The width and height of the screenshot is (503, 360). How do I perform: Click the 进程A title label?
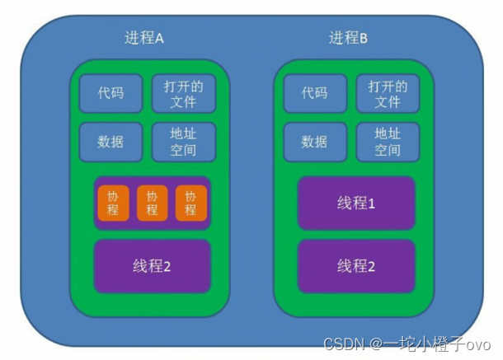click(144, 38)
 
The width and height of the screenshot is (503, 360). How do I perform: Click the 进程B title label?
click(348, 38)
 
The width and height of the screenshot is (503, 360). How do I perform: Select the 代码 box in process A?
click(111, 93)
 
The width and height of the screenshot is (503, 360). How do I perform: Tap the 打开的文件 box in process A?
click(183, 93)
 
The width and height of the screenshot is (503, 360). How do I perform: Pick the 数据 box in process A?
click(111, 142)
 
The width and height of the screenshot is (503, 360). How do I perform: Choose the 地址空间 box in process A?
click(183, 142)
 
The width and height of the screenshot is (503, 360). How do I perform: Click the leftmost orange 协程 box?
click(113, 203)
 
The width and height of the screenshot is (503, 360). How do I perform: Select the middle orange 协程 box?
click(152, 203)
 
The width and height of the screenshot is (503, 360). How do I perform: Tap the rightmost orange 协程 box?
click(190, 203)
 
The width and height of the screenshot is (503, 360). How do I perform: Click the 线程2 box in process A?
click(152, 266)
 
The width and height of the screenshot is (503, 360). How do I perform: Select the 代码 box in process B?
click(315, 93)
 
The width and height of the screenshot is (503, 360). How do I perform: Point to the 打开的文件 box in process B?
click(387, 93)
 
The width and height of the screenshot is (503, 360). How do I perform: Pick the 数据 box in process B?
click(315, 142)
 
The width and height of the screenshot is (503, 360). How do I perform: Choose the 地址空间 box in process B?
click(387, 142)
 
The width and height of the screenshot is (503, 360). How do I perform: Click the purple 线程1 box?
click(356, 203)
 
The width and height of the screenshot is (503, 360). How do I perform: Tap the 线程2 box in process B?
click(356, 266)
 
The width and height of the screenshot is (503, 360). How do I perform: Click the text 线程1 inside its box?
click(356, 203)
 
